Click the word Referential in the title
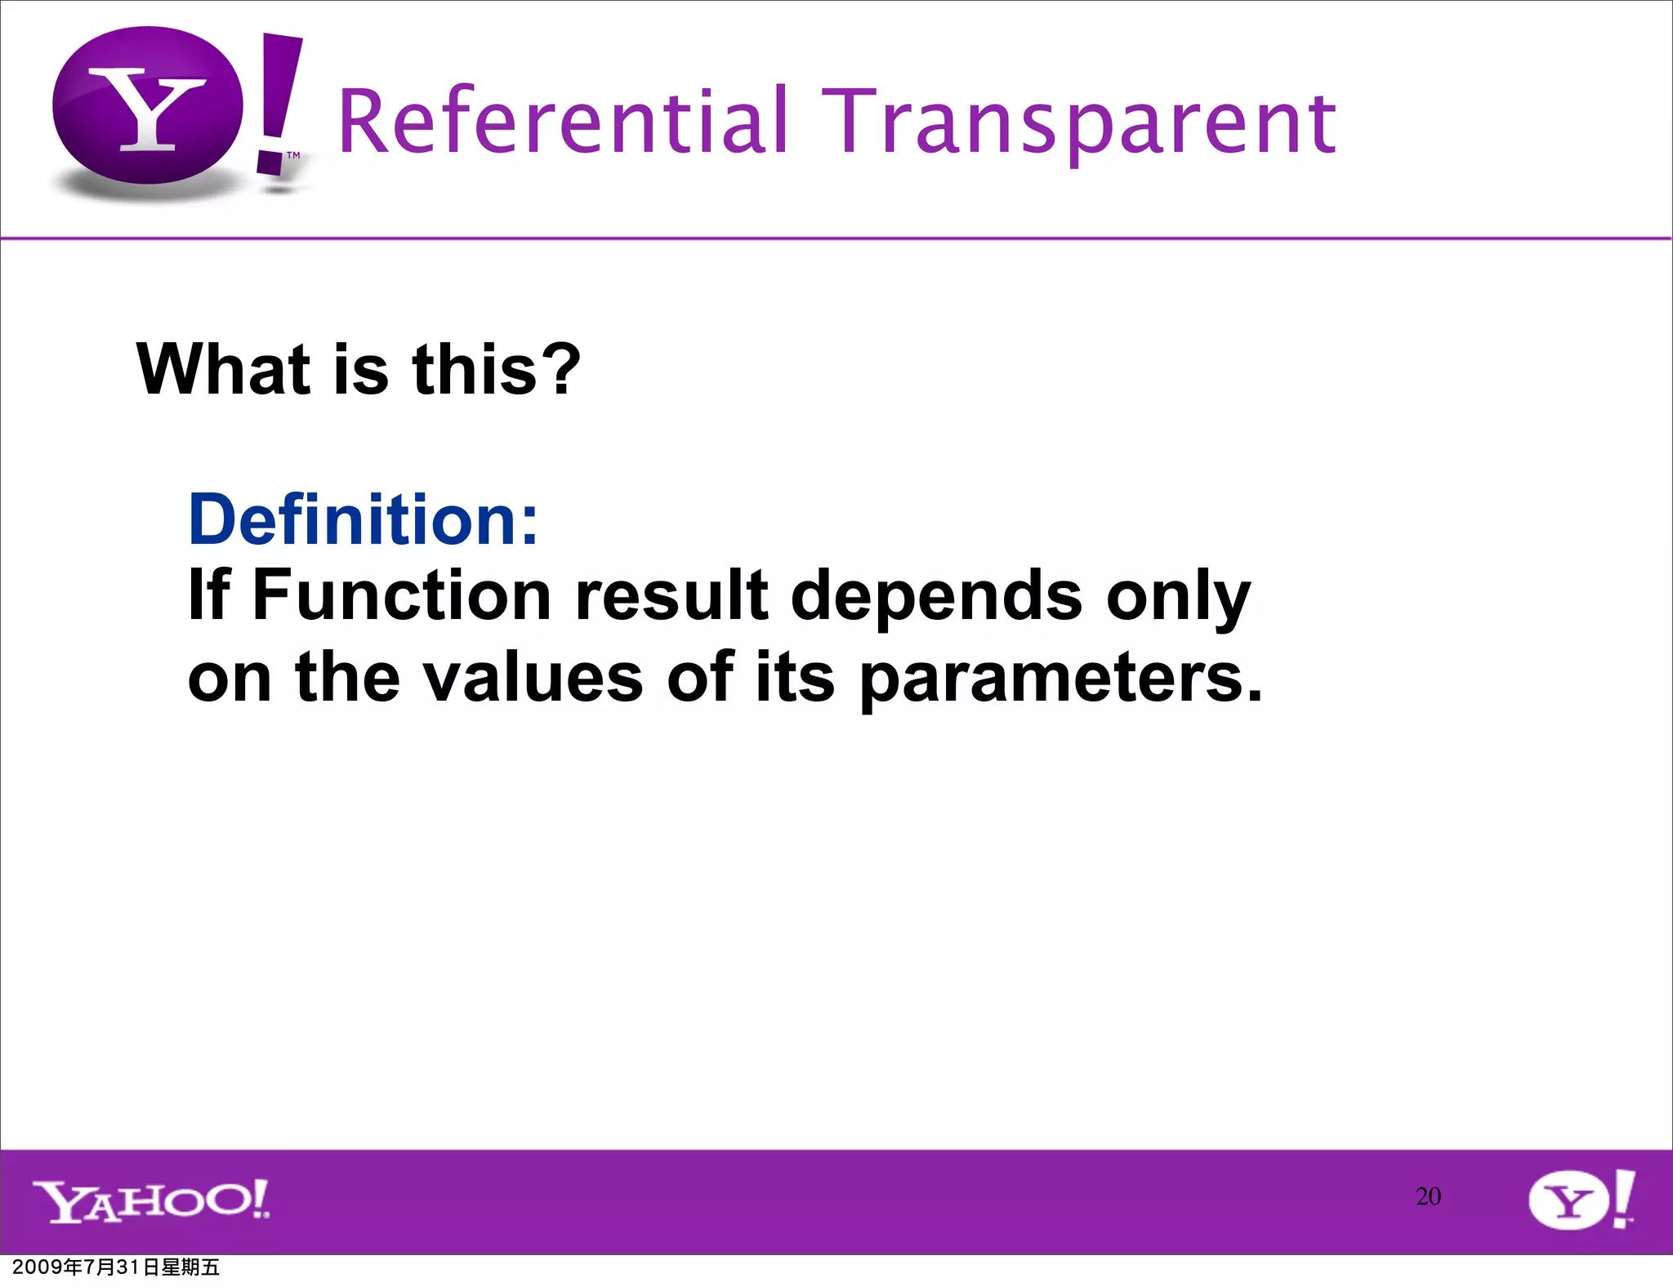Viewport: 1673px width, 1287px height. pos(563,122)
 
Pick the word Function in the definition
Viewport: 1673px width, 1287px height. pos(401,595)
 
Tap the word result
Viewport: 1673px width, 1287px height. pos(671,595)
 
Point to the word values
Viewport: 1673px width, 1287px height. pos(533,677)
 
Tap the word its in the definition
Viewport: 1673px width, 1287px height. pos(795,677)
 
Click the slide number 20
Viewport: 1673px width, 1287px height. pos(1428,1196)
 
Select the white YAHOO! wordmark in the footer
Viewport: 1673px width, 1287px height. pos(151,1200)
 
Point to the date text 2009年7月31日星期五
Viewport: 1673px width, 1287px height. pos(116,1267)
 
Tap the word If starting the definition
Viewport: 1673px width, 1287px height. pos(208,595)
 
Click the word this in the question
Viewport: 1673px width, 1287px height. pos(474,369)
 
